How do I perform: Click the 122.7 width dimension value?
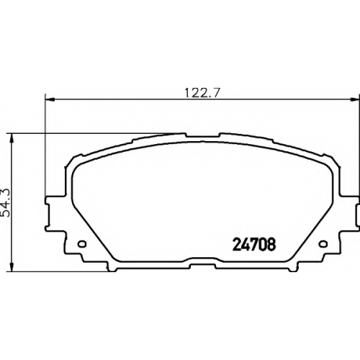pos(202,93)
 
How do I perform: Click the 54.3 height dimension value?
pos(6,203)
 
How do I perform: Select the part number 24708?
pos(254,245)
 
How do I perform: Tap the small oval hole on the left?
pos(82,244)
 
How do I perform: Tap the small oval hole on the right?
pos(323,244)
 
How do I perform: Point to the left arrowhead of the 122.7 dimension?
pos(50,99)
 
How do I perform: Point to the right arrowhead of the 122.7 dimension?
pos(355,99)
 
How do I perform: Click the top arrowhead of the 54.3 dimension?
pos(12,138)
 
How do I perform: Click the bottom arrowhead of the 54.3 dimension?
pos(12,266)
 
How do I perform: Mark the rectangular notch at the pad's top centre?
pos(203,135)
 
